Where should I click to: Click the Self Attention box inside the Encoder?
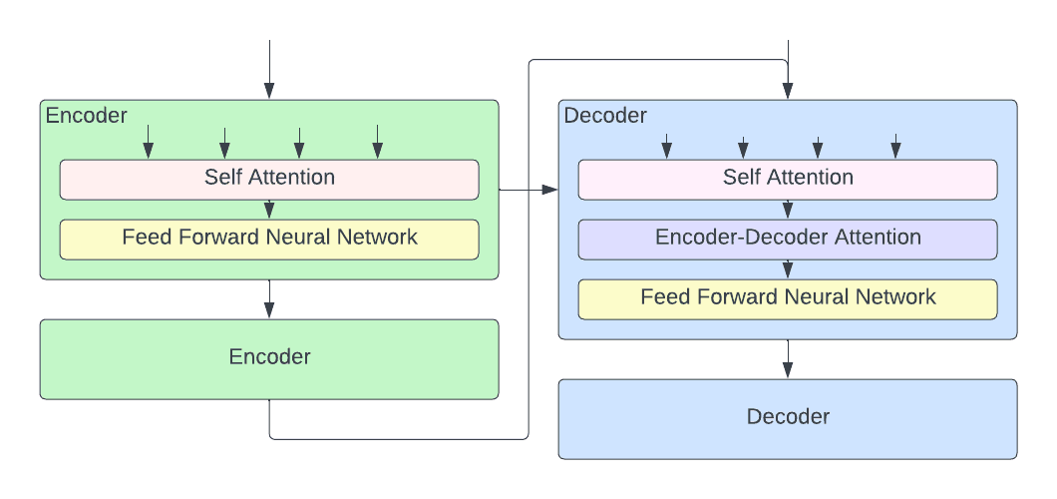pyautogui.click(x=269, y=179)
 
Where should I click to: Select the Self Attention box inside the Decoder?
pyautogui.click(x=788, y=179)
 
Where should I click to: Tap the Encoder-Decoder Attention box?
pyautogui.click(x=788, y=239)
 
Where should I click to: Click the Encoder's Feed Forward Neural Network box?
pyautogui.click(x=269, y=239)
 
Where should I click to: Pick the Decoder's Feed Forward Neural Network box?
pyautogui.click(x=788, y=298)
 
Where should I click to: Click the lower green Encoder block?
pyautogui.click(x=269, y=358)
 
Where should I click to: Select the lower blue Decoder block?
pyautogui.click(x=788, y=418)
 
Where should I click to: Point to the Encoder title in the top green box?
pyautogui.click(x=87, y=116)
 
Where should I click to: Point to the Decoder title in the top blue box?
pyautogui.click(x=605, y=116)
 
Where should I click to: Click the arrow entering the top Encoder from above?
pyautogui.click(x=269, y=70)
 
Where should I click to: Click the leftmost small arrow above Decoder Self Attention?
pyautogui.click(x=667, y=146)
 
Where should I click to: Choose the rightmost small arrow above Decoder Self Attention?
pyautogui.click(x=895, y=146)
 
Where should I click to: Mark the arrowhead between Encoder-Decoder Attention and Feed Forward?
pyautogui.click(x=788, y=270)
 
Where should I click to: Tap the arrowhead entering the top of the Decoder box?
pyautogui.click(x=788, y=92)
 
